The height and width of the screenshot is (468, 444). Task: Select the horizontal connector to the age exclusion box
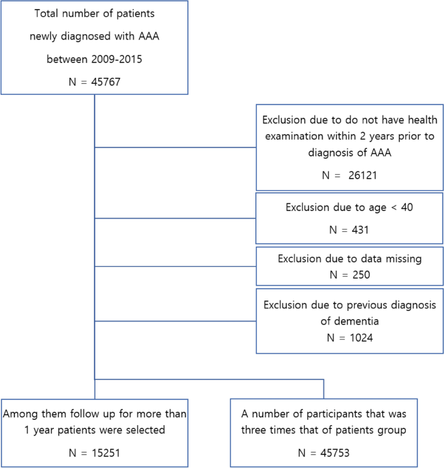coord(176,219)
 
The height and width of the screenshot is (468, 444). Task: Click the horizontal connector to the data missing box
coord(176,266)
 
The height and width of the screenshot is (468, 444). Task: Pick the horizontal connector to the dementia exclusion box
coord(176,321)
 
